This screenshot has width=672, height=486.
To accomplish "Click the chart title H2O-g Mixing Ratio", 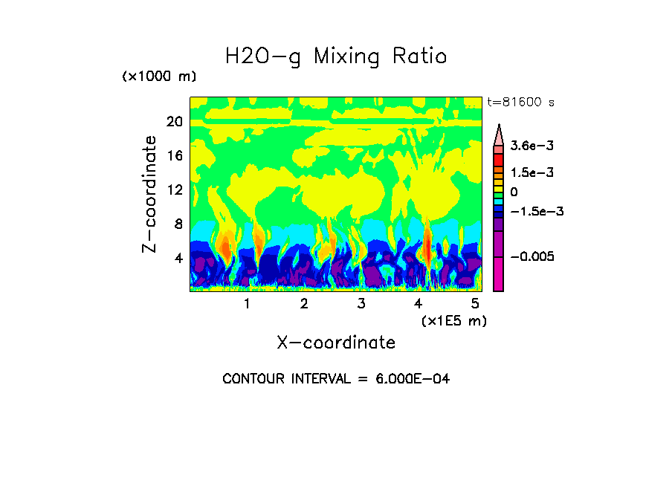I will (336, 56).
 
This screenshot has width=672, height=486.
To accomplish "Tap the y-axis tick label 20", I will (174, 122).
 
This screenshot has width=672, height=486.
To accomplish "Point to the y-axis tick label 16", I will (174, 156).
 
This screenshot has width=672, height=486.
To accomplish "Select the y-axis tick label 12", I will (174, 190).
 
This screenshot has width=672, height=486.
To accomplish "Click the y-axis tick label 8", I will (178, 224).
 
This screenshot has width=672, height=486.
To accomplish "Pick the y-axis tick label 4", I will (178, 259).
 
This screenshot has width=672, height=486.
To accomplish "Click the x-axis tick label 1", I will (247, 303).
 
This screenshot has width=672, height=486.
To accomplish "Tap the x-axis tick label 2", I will (304, 303).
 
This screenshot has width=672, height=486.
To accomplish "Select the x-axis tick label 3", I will (361, 303).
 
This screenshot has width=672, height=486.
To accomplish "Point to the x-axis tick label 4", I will (419, 303).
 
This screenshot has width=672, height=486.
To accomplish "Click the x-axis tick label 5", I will (475, 303).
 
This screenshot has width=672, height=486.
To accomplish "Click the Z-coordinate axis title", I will (151, 194).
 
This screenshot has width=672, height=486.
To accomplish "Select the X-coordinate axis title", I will (336, 343).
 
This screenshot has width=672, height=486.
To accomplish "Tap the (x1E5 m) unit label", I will (454, 320).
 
